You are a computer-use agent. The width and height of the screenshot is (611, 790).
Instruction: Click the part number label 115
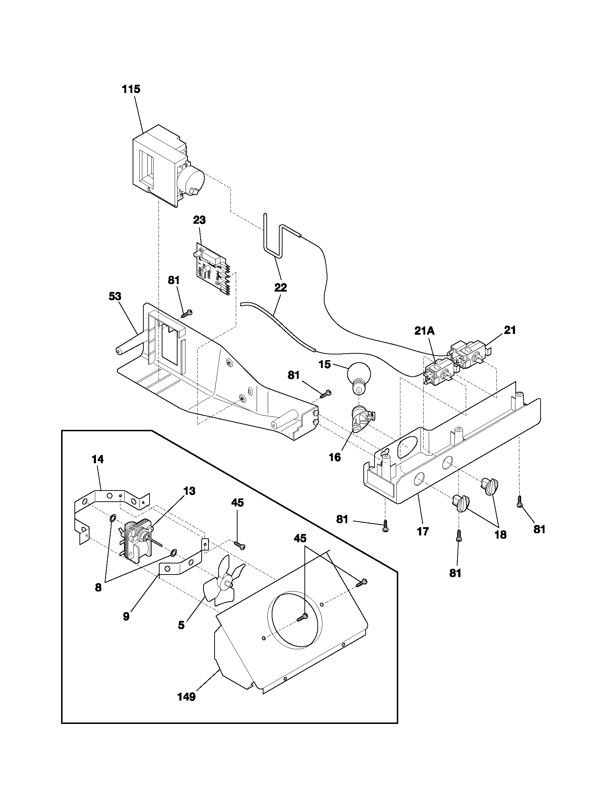(131, 89)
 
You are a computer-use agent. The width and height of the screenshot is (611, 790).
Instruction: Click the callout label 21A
(424, 331)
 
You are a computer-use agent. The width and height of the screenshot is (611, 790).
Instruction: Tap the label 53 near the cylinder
(115, 296)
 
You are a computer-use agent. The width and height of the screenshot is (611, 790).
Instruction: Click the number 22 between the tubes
(281, 288)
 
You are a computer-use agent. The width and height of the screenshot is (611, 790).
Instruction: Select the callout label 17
(423, 531)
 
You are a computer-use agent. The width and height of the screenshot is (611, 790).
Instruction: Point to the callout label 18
(500, 535)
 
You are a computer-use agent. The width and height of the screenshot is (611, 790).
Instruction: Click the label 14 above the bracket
(97, 459)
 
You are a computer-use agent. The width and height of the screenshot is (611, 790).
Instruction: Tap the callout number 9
(126, 616)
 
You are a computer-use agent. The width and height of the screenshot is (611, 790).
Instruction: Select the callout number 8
(98, 588)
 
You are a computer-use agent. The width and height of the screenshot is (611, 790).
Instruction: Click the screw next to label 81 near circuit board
(187, 313)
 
